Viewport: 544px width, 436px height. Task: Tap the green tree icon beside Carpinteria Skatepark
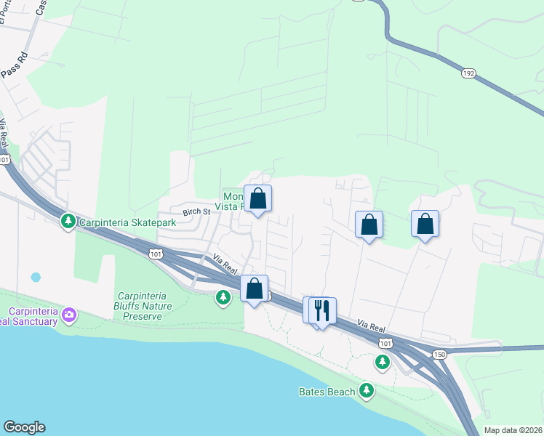pyautogui.click(x=68, y=219)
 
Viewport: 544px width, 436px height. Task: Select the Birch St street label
pyautogui.click(x=196, y=212)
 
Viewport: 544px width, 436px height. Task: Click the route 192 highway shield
pyautogui.click(x=468, y=73)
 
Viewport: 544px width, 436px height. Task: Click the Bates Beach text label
pyautogui.click(x=327, y=392)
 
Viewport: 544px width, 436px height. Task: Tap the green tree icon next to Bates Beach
pyautogui.click(x=367, y=391)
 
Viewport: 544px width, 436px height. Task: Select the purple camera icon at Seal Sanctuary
pyautogui.click(x=69, y=315)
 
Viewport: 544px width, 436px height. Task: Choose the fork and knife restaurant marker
pyautogui.click(x=322, y=310)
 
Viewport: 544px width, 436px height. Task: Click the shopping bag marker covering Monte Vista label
pyautogui.click(x=257, y=198)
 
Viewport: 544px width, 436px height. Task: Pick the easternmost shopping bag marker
pyautogui.click(x=425, y=225)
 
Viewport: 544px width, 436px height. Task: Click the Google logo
pyautogui.click(x=24, y=427)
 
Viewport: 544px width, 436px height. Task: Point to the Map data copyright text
pyautogui.click(x=513, y=430)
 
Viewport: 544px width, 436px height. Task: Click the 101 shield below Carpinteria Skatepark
pyautogui.click(x=154, y=253)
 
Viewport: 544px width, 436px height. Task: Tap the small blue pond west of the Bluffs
pyautogui.click(x=36, y=278)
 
